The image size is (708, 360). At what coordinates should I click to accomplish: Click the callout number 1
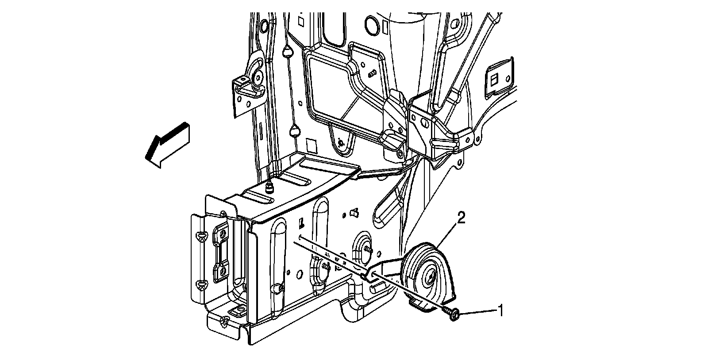[500, 310]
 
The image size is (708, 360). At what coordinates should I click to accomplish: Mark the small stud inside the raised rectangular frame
[371, 73]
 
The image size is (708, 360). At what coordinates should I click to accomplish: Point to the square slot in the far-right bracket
[494, 79]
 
